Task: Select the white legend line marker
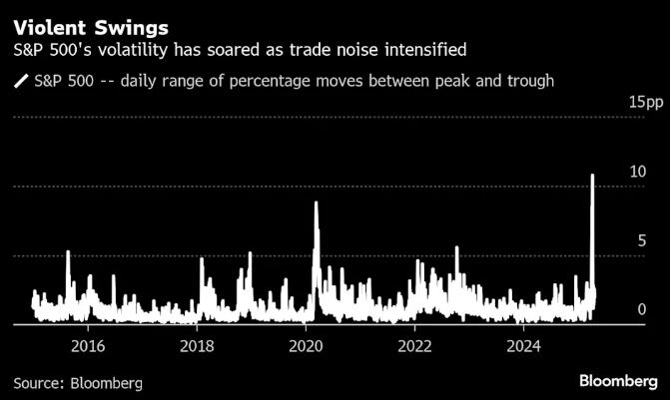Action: click(20, 80)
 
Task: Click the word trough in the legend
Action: click(527, 80)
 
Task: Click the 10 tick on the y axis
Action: click(639, 172)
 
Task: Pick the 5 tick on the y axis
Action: click(643, 240)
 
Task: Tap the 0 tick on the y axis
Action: click(643, 310)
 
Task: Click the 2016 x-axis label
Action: click(88, 346)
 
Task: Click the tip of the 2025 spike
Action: click(593, 176)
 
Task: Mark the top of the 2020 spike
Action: click(316, 202)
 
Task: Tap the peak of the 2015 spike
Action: click(68, 251)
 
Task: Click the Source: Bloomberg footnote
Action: click(78, 382)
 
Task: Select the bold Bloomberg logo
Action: click(618, 381)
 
